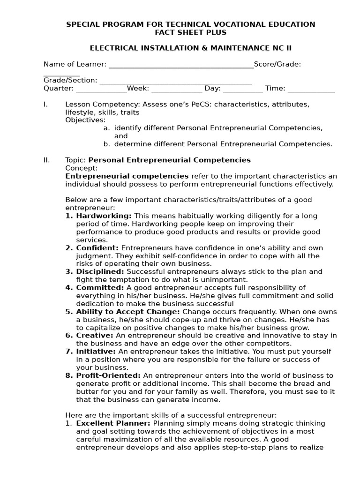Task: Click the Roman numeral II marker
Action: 46,160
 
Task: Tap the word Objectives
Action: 85,120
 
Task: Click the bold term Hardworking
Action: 104,216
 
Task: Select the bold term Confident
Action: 98,248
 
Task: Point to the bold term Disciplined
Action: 100,272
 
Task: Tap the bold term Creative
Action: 95,336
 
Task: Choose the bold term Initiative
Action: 96,352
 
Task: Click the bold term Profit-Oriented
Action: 108,375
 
